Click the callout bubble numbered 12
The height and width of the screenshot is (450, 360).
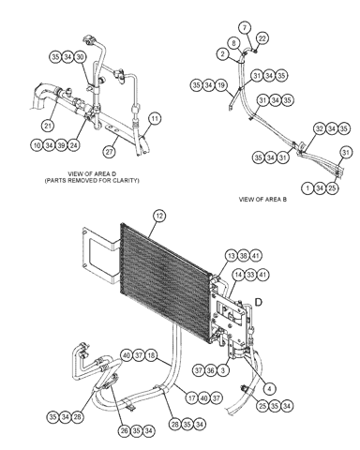pos(159,217)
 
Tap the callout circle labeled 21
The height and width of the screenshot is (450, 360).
pos(48,126)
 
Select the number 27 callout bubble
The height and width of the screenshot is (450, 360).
pos(109,152)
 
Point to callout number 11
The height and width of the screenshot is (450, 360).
pos(155,119)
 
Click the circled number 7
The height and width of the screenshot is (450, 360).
pos(245,27)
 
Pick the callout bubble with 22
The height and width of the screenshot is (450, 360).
pos(262,38)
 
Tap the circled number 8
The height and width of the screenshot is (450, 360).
pos(234,43)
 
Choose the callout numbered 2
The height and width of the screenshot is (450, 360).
pos(222,53)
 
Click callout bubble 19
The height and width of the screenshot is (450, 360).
pos(221,85)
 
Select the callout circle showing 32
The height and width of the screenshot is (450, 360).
pos(320,128)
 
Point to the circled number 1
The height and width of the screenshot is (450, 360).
pos(307,188)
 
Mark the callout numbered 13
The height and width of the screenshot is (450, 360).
pos(232,256)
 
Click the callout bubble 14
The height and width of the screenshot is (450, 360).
pos(238,275)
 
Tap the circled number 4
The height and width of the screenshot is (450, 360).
pos(269,389)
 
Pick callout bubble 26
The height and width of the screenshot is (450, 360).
pos(125,431)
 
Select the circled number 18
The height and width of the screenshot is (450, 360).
pos(151,355)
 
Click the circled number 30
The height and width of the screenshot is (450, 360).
pos(81,57)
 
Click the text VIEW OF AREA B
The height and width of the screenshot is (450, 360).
pos(262,200)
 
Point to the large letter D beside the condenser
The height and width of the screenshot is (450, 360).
pos(259,303)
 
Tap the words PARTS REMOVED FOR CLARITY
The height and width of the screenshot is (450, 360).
pos(92,181)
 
